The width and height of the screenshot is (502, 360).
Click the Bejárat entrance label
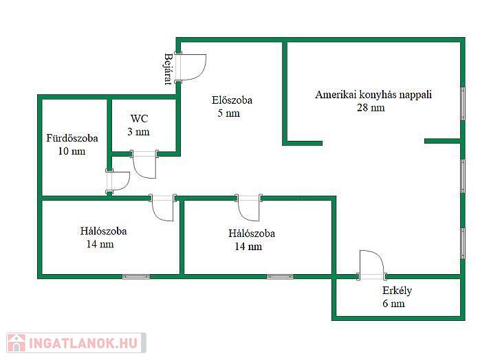(168, 69)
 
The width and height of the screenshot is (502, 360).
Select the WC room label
(140, 119)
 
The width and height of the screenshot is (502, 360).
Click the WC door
(144, 165)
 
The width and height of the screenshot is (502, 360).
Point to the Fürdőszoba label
(72, 138)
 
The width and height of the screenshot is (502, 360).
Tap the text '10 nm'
(72, 151)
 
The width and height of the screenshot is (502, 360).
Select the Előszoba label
(232, 100)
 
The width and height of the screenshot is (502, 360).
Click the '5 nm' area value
(228, 113)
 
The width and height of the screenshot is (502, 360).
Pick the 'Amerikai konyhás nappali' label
(373, 95)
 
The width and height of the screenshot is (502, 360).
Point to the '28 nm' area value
(371, 108)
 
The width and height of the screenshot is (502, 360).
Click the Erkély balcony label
(397, 291)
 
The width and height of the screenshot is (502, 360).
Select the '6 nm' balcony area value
(393, 304)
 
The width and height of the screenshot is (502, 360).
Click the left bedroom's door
(163, 207)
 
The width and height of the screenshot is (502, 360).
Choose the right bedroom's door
(249, 207)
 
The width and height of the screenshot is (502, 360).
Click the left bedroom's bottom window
(136, 277)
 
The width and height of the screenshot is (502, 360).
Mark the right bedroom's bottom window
(280, 277)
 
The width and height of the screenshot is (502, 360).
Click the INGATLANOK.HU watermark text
(84, 343)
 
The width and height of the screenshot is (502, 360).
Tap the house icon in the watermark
(16, 343)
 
